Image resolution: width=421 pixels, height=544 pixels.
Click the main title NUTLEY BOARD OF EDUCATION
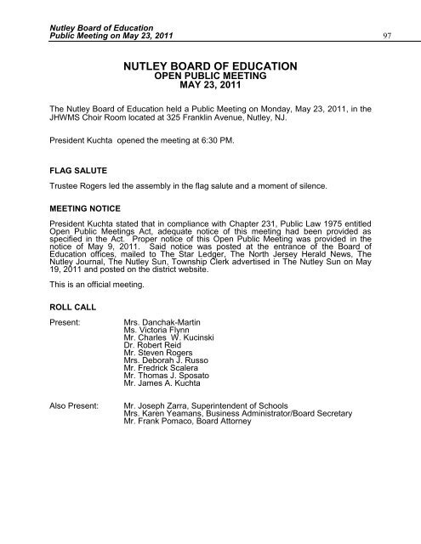point(210,65)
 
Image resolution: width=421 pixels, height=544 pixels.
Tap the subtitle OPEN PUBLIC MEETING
point(210,76)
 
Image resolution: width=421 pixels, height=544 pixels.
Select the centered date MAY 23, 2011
point(210,86)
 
